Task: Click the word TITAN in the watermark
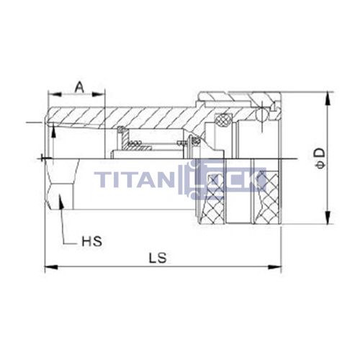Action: click(x=140, y=179)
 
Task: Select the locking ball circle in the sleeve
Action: click(x=261, y=112)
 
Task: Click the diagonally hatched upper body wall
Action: click(x=144, y=115)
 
